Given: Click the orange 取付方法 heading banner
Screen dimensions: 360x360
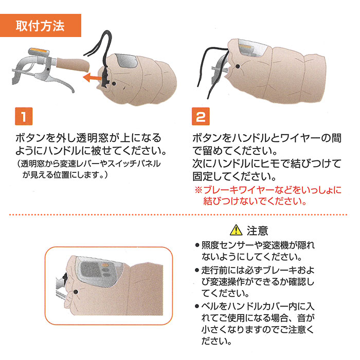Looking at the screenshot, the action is [x=41, y=25].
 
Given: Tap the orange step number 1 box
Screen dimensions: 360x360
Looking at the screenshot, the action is [x=24, y=116].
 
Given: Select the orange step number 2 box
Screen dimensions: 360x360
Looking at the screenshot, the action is [x=201, y=116].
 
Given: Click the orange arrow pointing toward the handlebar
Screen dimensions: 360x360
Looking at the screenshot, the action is [x=92, y=77].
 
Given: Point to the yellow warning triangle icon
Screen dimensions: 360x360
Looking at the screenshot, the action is [x=236, y=230].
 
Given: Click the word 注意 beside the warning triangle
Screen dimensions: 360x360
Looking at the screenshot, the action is [x=257, y=230].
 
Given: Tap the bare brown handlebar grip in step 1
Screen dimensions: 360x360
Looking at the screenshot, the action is [x=73, y=64].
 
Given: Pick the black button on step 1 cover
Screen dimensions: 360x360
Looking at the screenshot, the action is [x=114, y=83].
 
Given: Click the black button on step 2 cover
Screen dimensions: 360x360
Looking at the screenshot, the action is [x=238, y=66].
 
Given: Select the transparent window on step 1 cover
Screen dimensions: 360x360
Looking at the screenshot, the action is [x=126, y=61].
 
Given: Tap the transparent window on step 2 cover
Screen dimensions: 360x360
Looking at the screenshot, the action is [x=253, y=48].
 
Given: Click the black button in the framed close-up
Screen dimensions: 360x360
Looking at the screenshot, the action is [x=75, y=292].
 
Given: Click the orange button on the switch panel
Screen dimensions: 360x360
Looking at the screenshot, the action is [x=105, y=265].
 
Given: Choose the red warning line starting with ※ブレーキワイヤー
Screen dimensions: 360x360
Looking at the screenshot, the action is [x=268, y=190].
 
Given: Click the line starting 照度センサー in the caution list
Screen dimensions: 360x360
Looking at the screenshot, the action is [x=258, y=245].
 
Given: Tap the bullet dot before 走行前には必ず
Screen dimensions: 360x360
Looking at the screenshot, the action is [x=197, y=270].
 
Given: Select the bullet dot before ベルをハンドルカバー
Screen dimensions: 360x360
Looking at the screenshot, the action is [x=197, y=306].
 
